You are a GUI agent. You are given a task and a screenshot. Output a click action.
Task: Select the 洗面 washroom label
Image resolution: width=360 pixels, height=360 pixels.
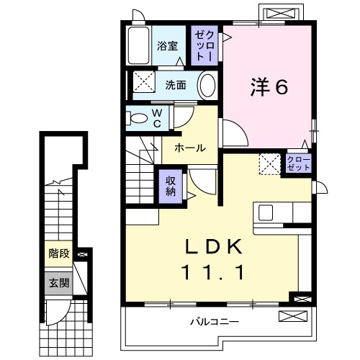point(176,84)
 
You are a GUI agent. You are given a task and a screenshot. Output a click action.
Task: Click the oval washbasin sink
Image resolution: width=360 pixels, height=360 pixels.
point(207,85)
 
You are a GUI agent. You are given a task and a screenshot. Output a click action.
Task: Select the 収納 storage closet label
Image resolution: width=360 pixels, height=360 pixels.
point(171,186)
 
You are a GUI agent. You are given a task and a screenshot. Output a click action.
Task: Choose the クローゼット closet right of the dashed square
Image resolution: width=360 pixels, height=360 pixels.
point(299,163)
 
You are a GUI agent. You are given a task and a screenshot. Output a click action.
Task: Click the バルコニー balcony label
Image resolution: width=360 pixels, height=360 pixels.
point(214,322)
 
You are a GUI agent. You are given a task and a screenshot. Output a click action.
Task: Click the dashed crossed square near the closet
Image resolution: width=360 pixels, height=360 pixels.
point(270,163)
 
